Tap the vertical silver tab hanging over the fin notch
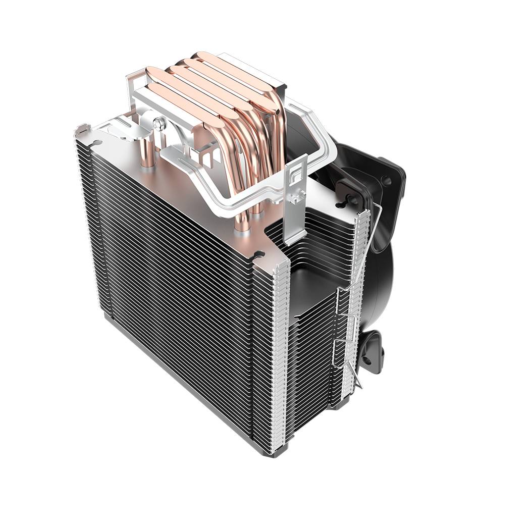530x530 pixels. [x=295, y=202]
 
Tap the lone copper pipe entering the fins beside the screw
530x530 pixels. [x=147, y=154]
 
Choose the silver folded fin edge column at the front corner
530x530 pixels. [x=280, y=353]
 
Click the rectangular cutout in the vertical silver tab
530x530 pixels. [x=296, y=174]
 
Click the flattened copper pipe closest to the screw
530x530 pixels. [x=187, y=101]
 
